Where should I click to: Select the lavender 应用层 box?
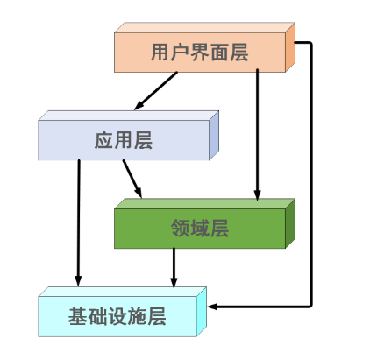pos(124,140)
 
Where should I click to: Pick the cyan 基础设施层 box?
pos(117,316)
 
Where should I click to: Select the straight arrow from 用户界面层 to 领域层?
pos(257,131)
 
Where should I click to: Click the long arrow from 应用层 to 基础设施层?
pos(79,219)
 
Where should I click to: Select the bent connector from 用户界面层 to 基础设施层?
pos(311,175)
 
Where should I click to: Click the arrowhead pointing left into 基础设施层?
pos(213,307)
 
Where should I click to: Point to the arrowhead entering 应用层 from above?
pos(139,106)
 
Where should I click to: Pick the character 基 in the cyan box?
pos(77,316)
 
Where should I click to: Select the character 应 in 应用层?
pos(103,140)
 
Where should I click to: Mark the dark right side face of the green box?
pos(290,225)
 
